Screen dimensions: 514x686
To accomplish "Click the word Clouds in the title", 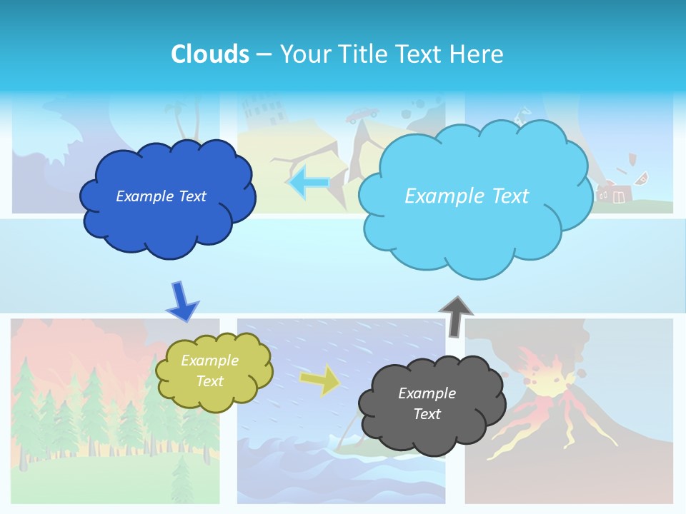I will [x=210, y=54].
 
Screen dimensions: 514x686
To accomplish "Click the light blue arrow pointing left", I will [x=308, y=182].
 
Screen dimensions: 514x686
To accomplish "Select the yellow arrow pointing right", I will [x=319, y=380].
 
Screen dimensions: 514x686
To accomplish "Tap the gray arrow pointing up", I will [x=455, y=315].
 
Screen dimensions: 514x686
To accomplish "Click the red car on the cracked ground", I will [x=362, y=114].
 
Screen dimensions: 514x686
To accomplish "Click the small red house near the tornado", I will [x=614, y=193].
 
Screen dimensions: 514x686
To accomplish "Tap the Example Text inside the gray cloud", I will [x=427, y=403].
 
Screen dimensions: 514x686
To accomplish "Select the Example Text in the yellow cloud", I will [x=209, y=371].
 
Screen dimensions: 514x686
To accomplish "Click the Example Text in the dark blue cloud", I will [x=161, y=196].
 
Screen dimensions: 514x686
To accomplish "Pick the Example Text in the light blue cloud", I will [x=467, y=196].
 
